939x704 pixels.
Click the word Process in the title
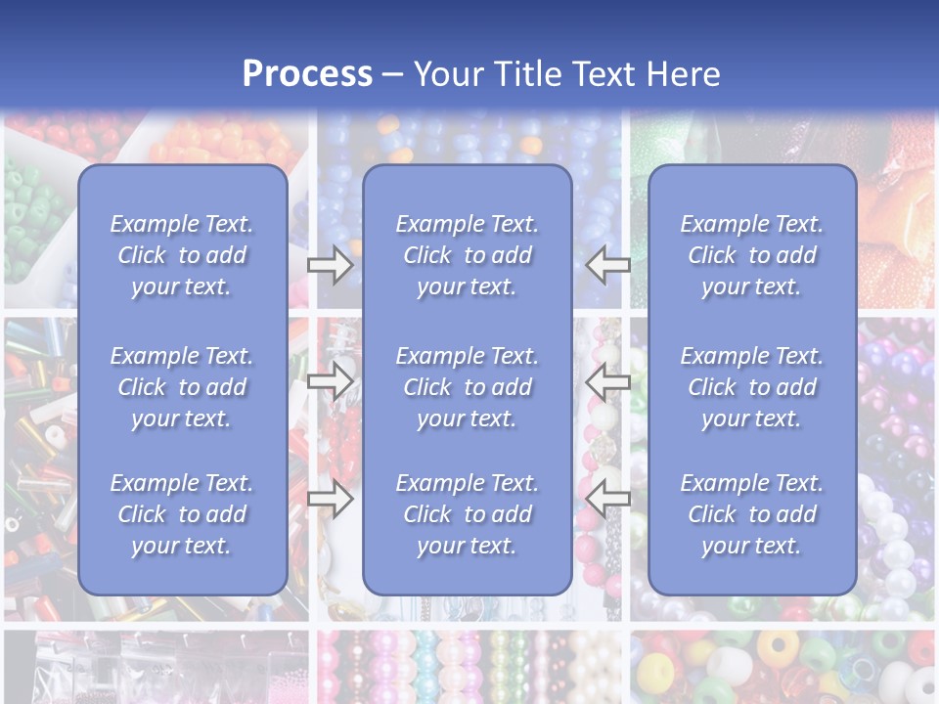tap(307, 74)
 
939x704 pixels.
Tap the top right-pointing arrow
tap(330, 265)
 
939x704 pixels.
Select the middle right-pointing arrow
tap(330, 381)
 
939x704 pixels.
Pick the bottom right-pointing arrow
tap(330, 498)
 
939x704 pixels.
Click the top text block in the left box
tap(182, 255)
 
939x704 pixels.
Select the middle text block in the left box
tap(182, 387)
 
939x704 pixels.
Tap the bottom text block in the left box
tap(182, 514)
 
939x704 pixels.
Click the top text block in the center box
tap(467, 255)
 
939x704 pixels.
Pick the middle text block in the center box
tap(467, 387)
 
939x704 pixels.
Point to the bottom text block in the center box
tap(467, 514)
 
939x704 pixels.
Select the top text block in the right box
tap(751, 255)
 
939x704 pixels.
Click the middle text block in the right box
tap(751, 387)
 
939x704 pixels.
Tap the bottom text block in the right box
tap(751, 514)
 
